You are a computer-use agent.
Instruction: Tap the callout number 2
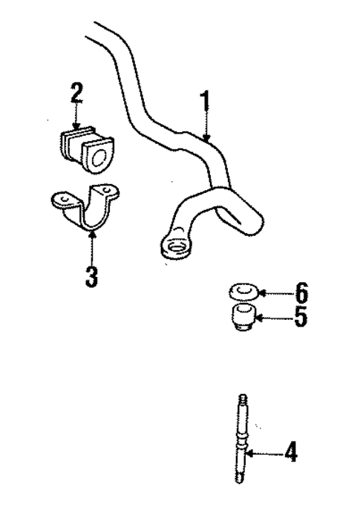tap(76, 94)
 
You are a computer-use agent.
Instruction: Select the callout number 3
tap(91, 275)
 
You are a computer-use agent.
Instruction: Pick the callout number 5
tap(300, 318)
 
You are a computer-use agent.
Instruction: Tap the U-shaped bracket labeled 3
tap(89, 211)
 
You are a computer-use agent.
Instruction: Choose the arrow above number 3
tap(91, 245)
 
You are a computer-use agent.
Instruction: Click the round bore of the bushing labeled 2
tap(97, 154)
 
